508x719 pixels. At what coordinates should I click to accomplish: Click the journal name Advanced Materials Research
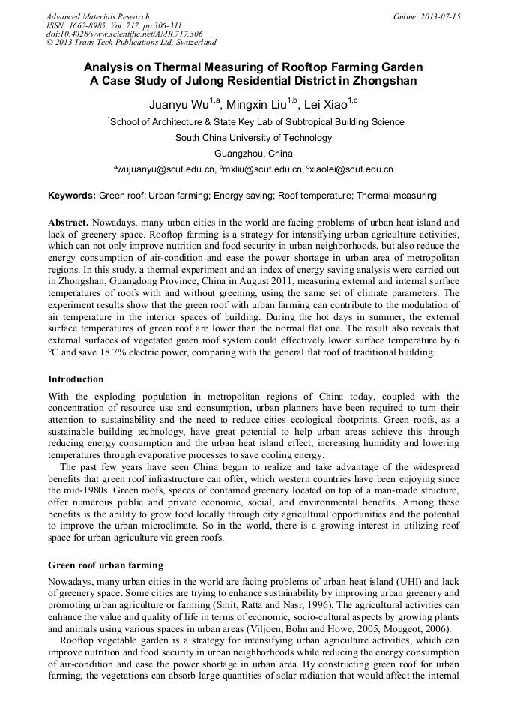[97, 16]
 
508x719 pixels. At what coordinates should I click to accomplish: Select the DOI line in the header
[124, 34]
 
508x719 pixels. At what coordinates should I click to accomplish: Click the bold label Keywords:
[72, 196]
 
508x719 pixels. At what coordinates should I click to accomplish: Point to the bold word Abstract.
[68, 223]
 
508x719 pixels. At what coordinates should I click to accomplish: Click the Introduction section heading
[76, 379]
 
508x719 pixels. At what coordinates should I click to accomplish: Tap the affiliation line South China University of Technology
[253, 138]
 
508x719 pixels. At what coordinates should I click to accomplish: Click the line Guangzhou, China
[253, 154]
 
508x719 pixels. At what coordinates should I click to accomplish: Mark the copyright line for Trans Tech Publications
[131, 43]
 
